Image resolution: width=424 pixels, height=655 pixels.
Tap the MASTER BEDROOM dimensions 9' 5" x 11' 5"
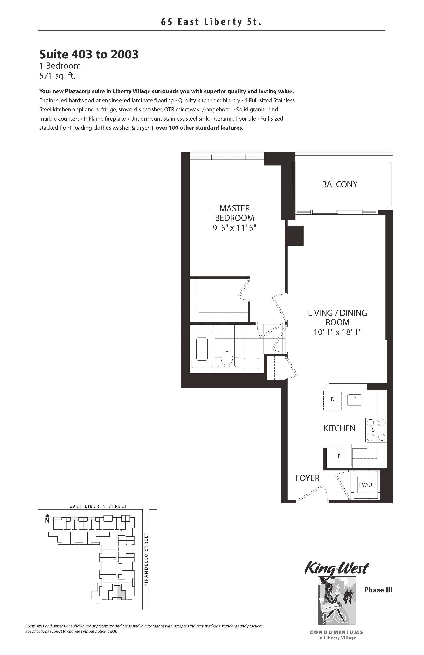click(x=235, y=228)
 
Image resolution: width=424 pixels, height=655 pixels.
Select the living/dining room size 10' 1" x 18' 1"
click(x=337, y=332)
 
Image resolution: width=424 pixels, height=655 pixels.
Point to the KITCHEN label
click(x=339, y=428)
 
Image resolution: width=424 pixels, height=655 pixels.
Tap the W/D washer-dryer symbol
click(x=365, y=485)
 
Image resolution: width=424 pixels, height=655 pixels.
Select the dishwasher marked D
click(x=333, y=400)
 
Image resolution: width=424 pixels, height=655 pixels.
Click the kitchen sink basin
click(x=355, y=400)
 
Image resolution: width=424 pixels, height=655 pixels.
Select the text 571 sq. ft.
click(x=57, y=76)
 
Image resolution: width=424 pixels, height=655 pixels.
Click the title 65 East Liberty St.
click(x=211, y=22)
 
